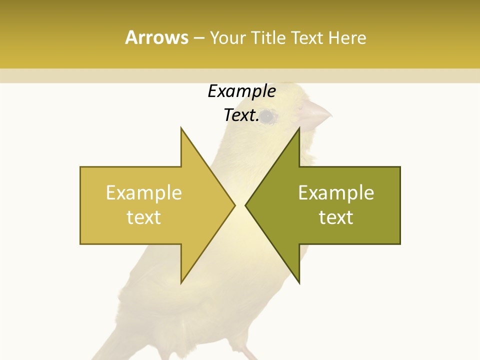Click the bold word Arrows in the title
156,37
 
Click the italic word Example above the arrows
241,91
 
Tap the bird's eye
268,116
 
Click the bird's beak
316,114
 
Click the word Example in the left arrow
144,193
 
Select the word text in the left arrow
144,217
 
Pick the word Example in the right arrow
336,193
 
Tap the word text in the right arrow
336,217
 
